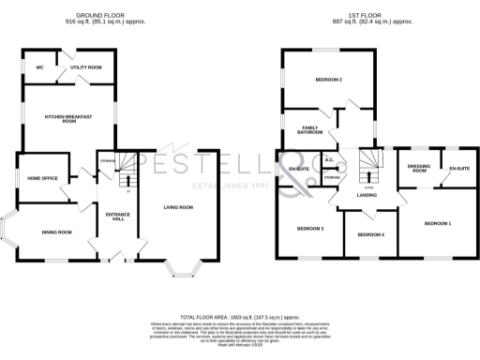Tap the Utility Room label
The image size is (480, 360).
(86, 67)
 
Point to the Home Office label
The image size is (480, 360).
(42, 178)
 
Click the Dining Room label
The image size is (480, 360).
(56, 232)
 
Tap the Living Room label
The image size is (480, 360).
(178, 207)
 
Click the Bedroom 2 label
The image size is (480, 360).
(328, 80)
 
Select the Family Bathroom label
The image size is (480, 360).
(310, 131)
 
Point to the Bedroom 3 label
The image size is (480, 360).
(310, 228)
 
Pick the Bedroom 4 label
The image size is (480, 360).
(369, 233)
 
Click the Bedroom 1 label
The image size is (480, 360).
(437, 223)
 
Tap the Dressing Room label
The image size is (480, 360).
(418, 169)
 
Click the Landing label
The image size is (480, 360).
(367, 195)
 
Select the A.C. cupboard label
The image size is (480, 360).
(330, 160)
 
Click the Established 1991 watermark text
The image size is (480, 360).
(229, 186)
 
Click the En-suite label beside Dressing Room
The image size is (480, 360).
(458, 169)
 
